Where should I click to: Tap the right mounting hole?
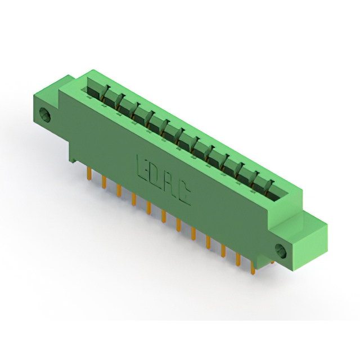pos(281,250)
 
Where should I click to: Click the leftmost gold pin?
pos(89,173)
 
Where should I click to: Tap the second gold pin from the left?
pos(104,182)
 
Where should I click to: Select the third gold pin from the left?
pos(119,190)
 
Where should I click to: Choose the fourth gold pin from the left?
pos(134,199)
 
